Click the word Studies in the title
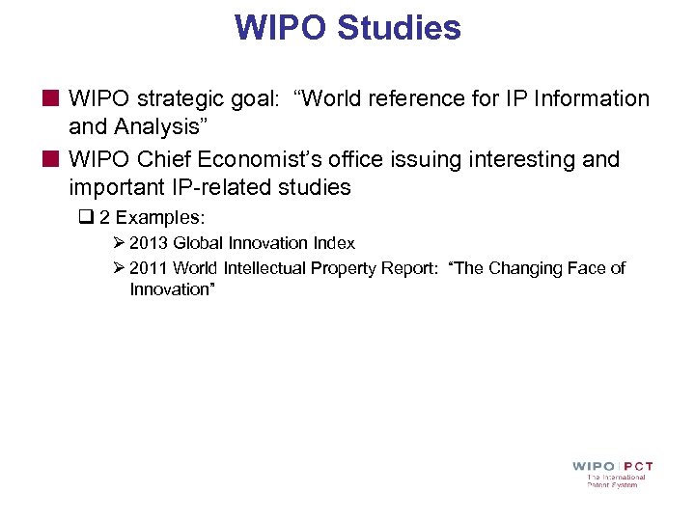point(399,28)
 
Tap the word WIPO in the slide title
point(281,28)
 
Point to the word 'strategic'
point(176,98)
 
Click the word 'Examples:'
point(160,217)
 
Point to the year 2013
point(149,243)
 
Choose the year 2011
point(149,268)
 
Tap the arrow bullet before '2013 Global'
point(119,243)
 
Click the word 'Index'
point(334,243)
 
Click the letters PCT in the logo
point(633,467)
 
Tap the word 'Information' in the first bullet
point(592,98)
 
